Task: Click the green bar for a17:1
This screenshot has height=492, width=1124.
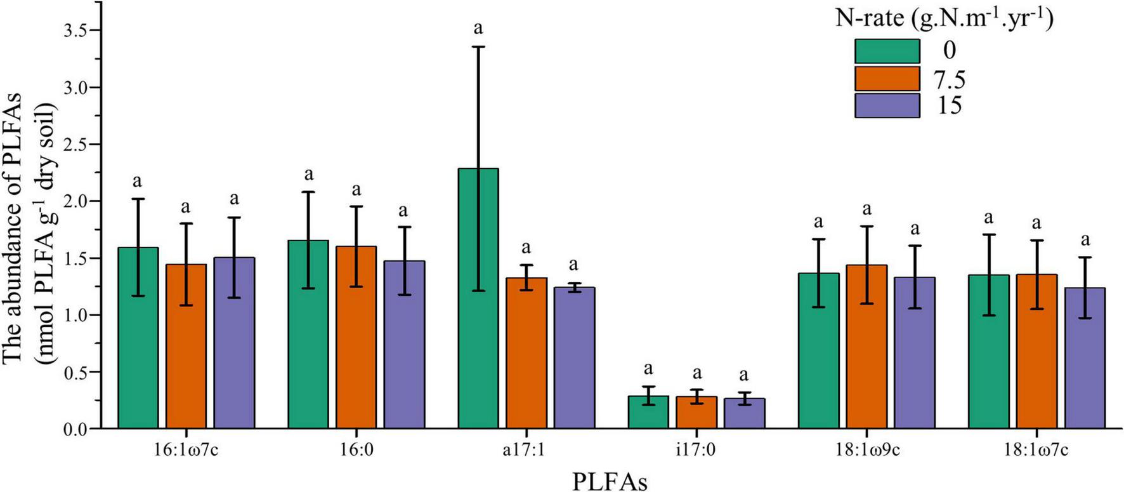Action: [478, 298]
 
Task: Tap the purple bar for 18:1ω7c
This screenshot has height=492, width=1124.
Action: [1085, 358]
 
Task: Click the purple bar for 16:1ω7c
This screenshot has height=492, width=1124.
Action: [234, 343]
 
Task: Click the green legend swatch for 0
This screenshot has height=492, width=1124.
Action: [887, 51]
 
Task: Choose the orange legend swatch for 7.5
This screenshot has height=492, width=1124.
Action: [887, 79]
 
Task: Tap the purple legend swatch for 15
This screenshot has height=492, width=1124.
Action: [887, 106]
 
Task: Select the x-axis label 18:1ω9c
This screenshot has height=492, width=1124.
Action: [866, 451]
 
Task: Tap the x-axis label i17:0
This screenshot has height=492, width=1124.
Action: [696, 451]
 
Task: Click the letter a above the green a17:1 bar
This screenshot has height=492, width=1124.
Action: [478, 29]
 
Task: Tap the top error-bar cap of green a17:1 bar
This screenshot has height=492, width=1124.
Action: [478, 47]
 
